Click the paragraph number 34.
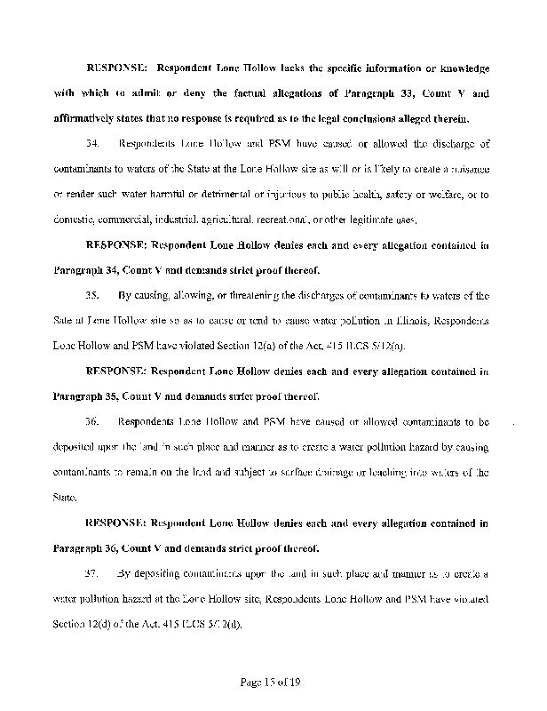coord(91,143)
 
